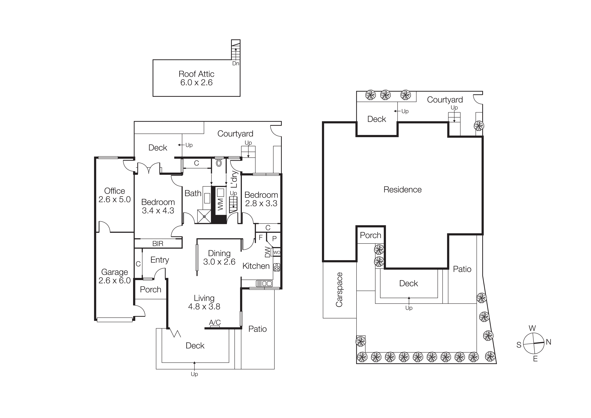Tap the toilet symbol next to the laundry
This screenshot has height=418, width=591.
[x=219, y=163]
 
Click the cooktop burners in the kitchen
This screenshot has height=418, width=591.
[x=277, y=267]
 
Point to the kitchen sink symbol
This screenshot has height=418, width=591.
[x=264, y=284]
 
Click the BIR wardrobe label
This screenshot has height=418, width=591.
[x=158, y=244]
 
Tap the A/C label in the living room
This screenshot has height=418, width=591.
[x=215, y=322]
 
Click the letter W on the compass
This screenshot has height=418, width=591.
[x=532, y=328]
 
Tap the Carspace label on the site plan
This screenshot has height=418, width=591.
[x=339, y=290]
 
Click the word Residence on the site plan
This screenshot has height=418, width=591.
[x=402, y=190]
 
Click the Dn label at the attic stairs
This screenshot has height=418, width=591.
[x=236, y=63]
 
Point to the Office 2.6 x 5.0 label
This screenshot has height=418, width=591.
[x=115, y=195]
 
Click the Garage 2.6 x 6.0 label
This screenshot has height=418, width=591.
[x=115, y=276]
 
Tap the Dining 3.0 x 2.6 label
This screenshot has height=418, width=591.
[x=219, y=257]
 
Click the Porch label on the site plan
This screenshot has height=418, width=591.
[x=370, y=235]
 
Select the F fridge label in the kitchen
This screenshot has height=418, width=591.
[x=260, y=237]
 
